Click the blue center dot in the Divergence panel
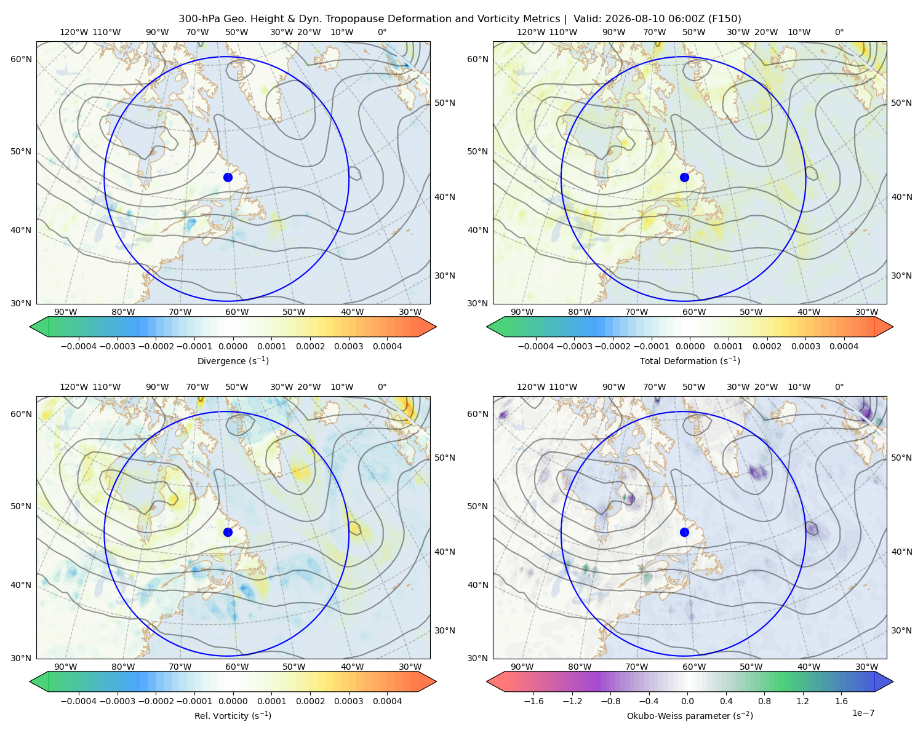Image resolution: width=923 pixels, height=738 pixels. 228,177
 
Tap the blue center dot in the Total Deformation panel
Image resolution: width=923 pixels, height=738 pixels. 684,177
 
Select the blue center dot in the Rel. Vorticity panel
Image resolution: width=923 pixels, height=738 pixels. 228,532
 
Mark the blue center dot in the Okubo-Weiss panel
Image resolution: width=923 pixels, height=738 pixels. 684,532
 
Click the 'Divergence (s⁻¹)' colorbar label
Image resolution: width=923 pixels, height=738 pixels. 233,360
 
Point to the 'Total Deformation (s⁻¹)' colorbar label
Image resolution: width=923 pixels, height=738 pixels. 690,360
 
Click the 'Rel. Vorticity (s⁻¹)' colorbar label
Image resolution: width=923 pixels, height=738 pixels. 233,715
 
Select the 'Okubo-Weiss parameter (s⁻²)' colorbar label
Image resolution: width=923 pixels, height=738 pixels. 690,715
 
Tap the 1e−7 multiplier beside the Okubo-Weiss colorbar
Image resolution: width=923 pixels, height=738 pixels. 863,713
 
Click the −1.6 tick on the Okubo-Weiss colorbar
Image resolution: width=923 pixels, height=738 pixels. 533,700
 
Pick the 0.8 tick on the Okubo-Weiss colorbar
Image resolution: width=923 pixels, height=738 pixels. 764,700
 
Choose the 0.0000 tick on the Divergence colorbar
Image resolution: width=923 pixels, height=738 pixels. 233,346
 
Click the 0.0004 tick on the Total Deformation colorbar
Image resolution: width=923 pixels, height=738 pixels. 844,346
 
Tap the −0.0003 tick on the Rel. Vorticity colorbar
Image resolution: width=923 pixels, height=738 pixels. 117,700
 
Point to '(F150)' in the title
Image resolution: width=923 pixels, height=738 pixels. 725,18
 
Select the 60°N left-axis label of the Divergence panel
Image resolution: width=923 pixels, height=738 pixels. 21,59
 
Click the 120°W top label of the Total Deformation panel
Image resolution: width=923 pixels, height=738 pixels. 530,32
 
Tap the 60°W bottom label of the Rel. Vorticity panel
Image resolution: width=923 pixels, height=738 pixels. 237,667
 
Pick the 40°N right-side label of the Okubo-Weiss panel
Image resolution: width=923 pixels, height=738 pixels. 901,552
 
